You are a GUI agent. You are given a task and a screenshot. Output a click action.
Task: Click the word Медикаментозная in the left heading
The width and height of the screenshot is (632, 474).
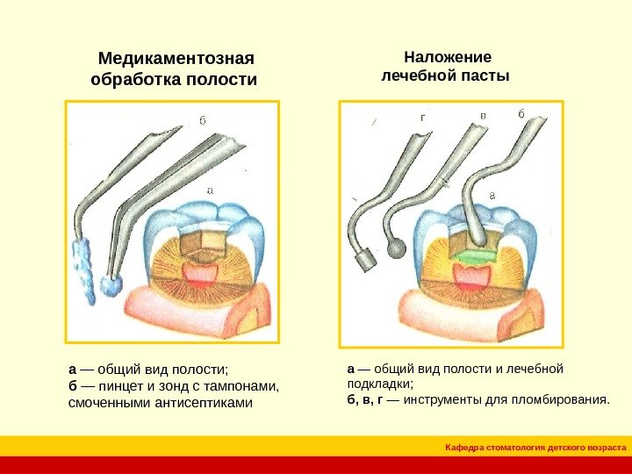click(176, 59)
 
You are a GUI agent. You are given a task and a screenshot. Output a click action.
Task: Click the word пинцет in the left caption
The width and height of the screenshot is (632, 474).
click(117, 386)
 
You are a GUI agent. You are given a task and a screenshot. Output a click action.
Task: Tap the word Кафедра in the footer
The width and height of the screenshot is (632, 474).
click(466, 448)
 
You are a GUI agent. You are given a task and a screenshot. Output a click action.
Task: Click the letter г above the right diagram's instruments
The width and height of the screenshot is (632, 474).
click(423, 116)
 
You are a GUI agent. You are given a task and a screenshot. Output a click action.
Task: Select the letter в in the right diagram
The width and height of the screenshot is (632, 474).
click(482, 115)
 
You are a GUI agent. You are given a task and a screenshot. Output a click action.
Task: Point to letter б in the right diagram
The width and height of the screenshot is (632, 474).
click(521, 114)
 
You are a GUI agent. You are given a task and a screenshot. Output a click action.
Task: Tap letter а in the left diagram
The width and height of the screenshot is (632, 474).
click(210, 187)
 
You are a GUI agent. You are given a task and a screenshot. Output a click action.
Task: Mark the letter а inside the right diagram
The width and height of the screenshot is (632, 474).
click(492, 194)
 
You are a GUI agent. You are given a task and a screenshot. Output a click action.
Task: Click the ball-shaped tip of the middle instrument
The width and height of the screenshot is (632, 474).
click(397, 250)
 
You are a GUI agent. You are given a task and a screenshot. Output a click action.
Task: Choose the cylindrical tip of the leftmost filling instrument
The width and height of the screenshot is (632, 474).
click(362, 260)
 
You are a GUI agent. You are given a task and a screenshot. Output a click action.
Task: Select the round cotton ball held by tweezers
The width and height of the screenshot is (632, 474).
click(111, 286)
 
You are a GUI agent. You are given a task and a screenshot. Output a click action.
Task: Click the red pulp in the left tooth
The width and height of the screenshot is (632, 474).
click(201, 274)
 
